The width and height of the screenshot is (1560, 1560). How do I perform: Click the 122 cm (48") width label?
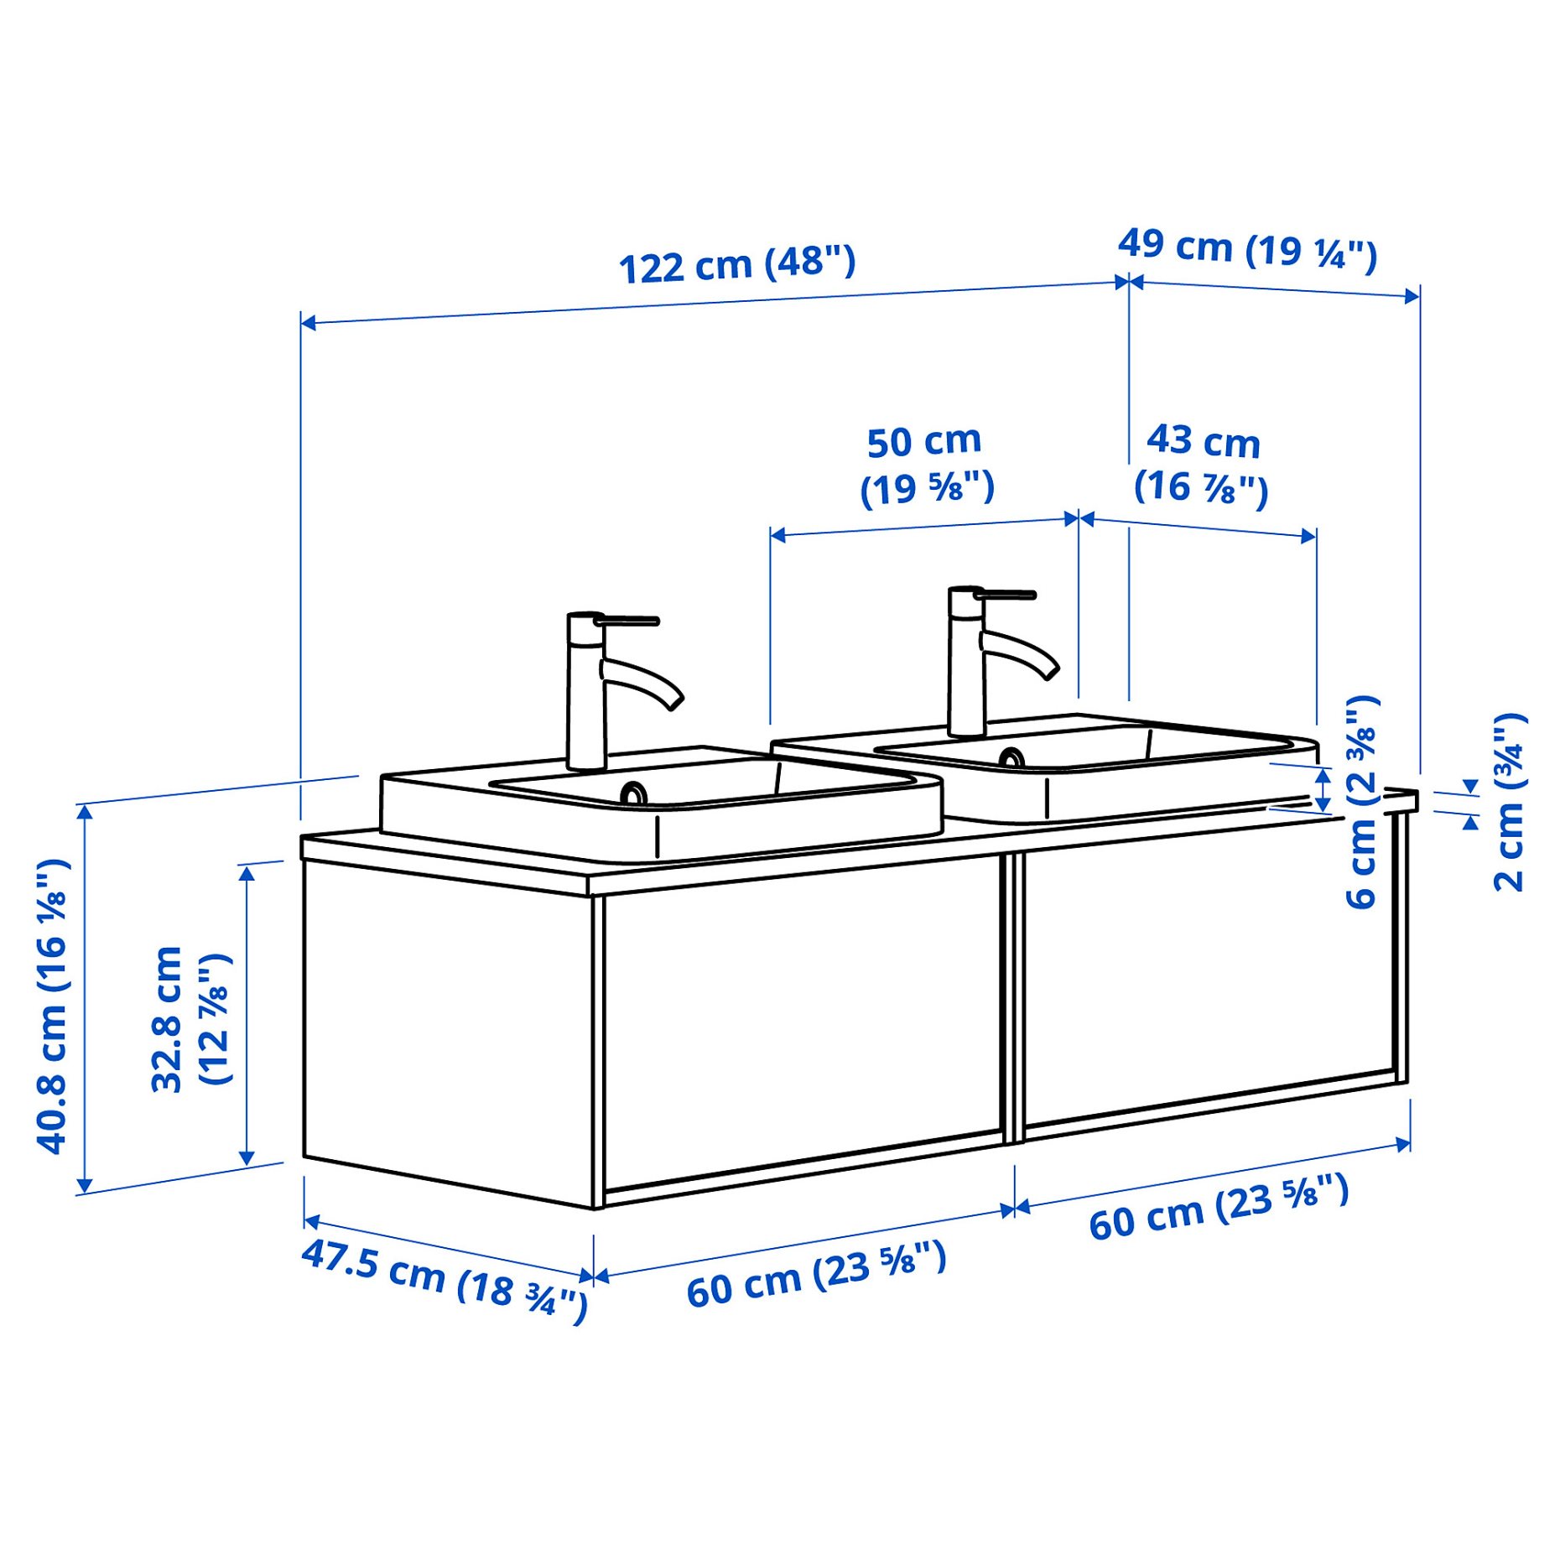pos(736,265)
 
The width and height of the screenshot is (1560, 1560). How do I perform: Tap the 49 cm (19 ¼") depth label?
pos(1246,248)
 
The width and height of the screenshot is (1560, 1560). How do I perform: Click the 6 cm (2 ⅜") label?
pos(1360,801)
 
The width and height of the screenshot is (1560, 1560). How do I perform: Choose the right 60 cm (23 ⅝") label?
pos(1218,1208)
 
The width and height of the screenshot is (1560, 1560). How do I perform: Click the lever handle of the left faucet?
pos(629,621)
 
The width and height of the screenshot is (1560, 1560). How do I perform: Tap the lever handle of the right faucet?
pos(1006,595)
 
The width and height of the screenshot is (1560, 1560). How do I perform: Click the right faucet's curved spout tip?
pos(1049,672)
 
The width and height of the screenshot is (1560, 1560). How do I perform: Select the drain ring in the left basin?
pos(633,793)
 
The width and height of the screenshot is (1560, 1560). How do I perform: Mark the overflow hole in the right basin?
pos(1011,758)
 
